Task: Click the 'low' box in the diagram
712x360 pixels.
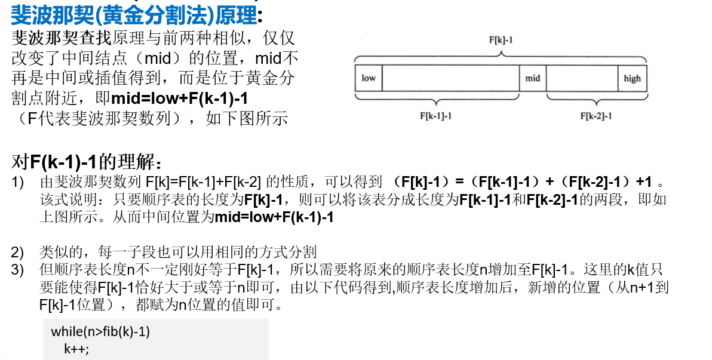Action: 369,78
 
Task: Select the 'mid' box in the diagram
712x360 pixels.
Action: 532,78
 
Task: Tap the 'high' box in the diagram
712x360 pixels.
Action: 632,78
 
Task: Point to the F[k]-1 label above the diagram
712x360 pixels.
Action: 501,40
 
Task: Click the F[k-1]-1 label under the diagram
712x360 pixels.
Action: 436,116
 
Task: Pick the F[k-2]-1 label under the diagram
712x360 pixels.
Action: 596,116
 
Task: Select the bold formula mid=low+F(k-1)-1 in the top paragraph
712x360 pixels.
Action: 180,98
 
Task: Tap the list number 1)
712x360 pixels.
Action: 18,182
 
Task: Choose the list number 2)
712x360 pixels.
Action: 18,252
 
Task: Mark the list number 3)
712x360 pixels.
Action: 18,270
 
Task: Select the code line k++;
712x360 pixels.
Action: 76,349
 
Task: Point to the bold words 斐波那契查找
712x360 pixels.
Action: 61,39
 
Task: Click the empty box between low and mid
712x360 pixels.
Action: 450,78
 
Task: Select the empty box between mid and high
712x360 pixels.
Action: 582,78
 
